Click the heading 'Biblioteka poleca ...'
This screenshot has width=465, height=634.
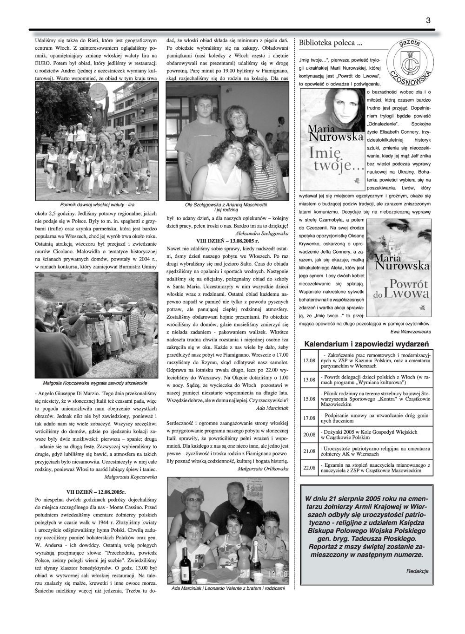click(x=331, y=43)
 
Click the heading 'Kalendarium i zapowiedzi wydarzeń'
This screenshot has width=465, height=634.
click(x=366, y=344)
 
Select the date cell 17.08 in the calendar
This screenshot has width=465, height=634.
click(x=309, y=418)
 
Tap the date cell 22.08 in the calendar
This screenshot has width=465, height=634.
click(x=309, y=467)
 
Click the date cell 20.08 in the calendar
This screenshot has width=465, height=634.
click(x=309, y=435)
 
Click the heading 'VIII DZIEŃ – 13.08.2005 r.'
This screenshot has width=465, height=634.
click(x=227, y=241)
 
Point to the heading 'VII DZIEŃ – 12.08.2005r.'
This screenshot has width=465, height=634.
click(x=96, y=490)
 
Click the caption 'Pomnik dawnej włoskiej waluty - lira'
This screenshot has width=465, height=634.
click(x=94, y=204)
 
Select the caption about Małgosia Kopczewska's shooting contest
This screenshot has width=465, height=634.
click(x=95, y=383)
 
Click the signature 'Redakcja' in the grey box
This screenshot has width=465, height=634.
click(x=417, y=571)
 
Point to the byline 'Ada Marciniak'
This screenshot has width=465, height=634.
click(x=272, y=407)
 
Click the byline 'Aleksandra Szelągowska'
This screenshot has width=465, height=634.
click(x=262, y=233)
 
